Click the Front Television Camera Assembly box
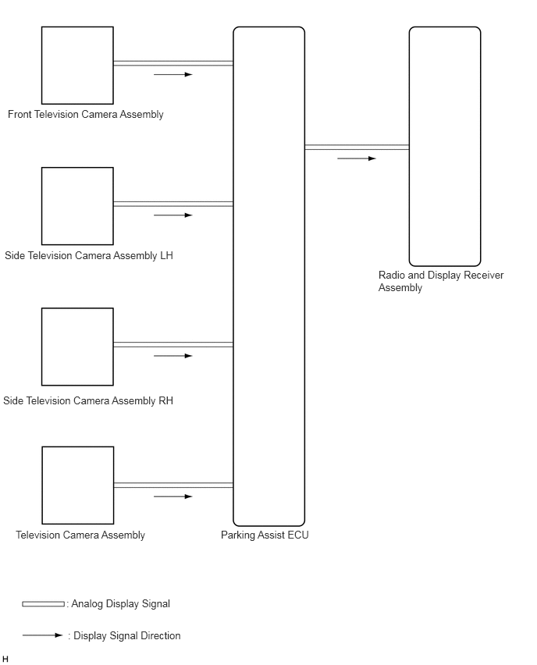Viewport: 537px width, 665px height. [77, 66]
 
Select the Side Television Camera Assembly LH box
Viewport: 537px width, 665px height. [77, 206]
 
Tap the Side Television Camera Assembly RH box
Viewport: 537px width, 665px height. [77, 347]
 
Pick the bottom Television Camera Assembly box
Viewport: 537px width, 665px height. [77, 485]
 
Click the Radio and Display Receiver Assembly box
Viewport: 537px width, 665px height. [445, 147]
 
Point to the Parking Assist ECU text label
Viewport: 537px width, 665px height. [265, 535]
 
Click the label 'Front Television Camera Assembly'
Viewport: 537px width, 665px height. [86, 115]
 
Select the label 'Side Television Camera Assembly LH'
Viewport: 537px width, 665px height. [89, 256]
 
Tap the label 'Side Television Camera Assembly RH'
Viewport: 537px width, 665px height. [88, 401]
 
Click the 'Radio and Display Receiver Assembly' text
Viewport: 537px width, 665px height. [441, 282]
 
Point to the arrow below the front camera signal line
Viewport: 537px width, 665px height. [172, 75]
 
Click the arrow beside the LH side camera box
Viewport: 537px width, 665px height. [172, 215]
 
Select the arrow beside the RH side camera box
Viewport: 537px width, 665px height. [172, 356]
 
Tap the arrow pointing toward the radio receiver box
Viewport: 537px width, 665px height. [356, 158]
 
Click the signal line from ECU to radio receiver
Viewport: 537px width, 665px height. [357, 147]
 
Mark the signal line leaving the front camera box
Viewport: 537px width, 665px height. [172, 63]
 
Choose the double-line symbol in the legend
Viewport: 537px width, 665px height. [44, 604]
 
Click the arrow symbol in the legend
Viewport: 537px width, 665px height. [42, 635]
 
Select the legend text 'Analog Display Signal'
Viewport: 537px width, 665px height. [120, 604]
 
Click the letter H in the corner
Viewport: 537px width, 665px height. [5, 660]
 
